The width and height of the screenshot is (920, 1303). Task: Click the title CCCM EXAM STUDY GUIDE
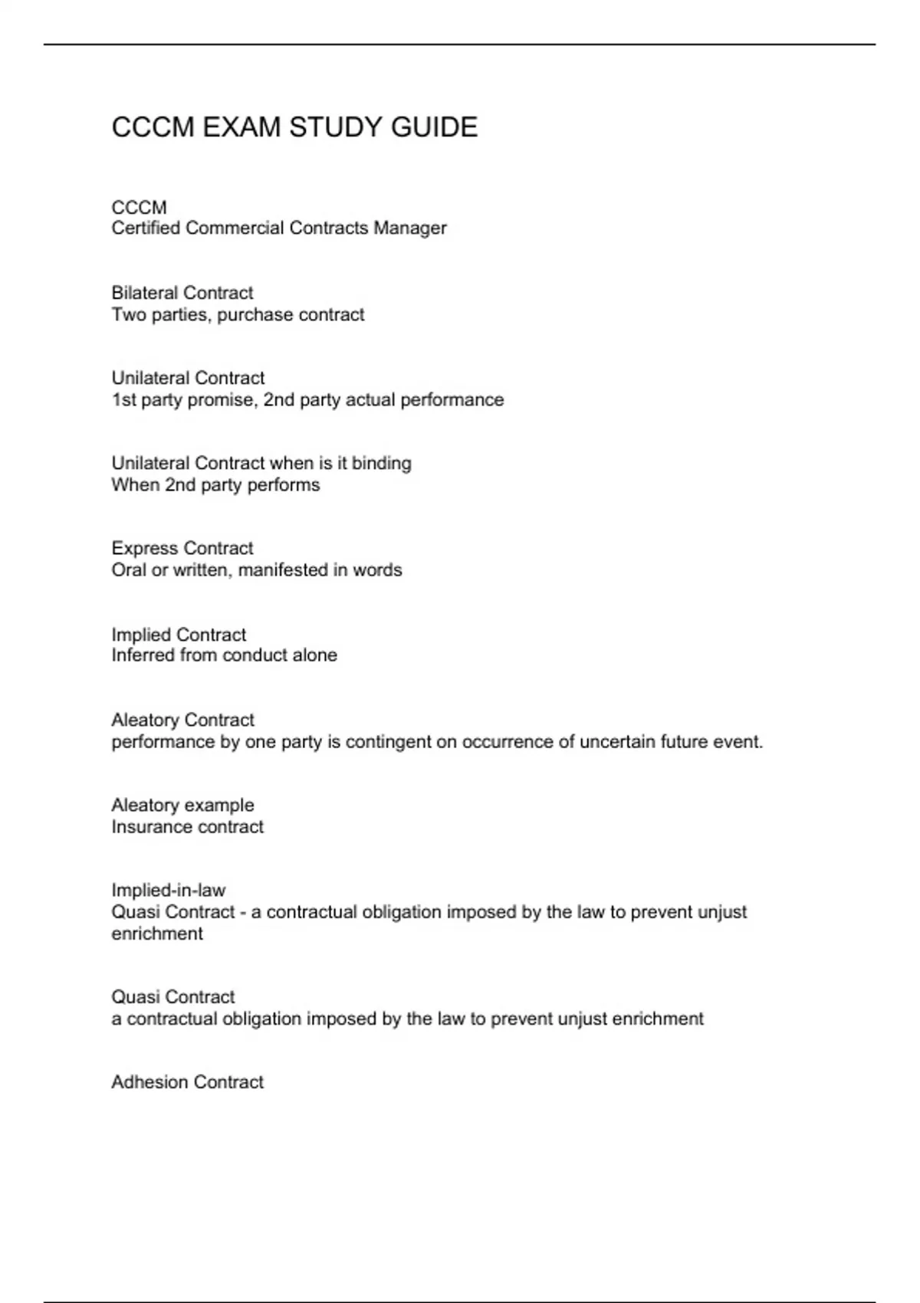[x=294, y=127]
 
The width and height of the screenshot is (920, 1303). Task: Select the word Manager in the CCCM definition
[x=409, y=228]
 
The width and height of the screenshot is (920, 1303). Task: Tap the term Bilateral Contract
[x=182, y=293]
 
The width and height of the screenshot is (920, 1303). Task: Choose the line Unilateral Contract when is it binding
[x=261, y=463]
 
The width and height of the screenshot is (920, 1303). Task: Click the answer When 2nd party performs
[x=215, y=485]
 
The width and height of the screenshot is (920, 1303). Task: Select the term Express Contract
[x=182, y=548]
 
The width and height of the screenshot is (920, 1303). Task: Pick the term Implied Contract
[x=179, y=635]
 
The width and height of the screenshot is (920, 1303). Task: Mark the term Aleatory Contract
[x=182, y=720]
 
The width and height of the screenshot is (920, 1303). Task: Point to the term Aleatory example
[x=182, y=805]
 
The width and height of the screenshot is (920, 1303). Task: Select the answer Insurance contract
[x=187, y=827]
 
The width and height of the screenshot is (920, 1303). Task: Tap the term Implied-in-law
[x=168, y=890]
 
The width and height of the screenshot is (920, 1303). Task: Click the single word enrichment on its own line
[x=157, y=934]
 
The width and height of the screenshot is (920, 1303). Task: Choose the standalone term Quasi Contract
[x=172, y=996]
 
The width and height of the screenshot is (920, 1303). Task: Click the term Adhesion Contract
[x=187, y=1081]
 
